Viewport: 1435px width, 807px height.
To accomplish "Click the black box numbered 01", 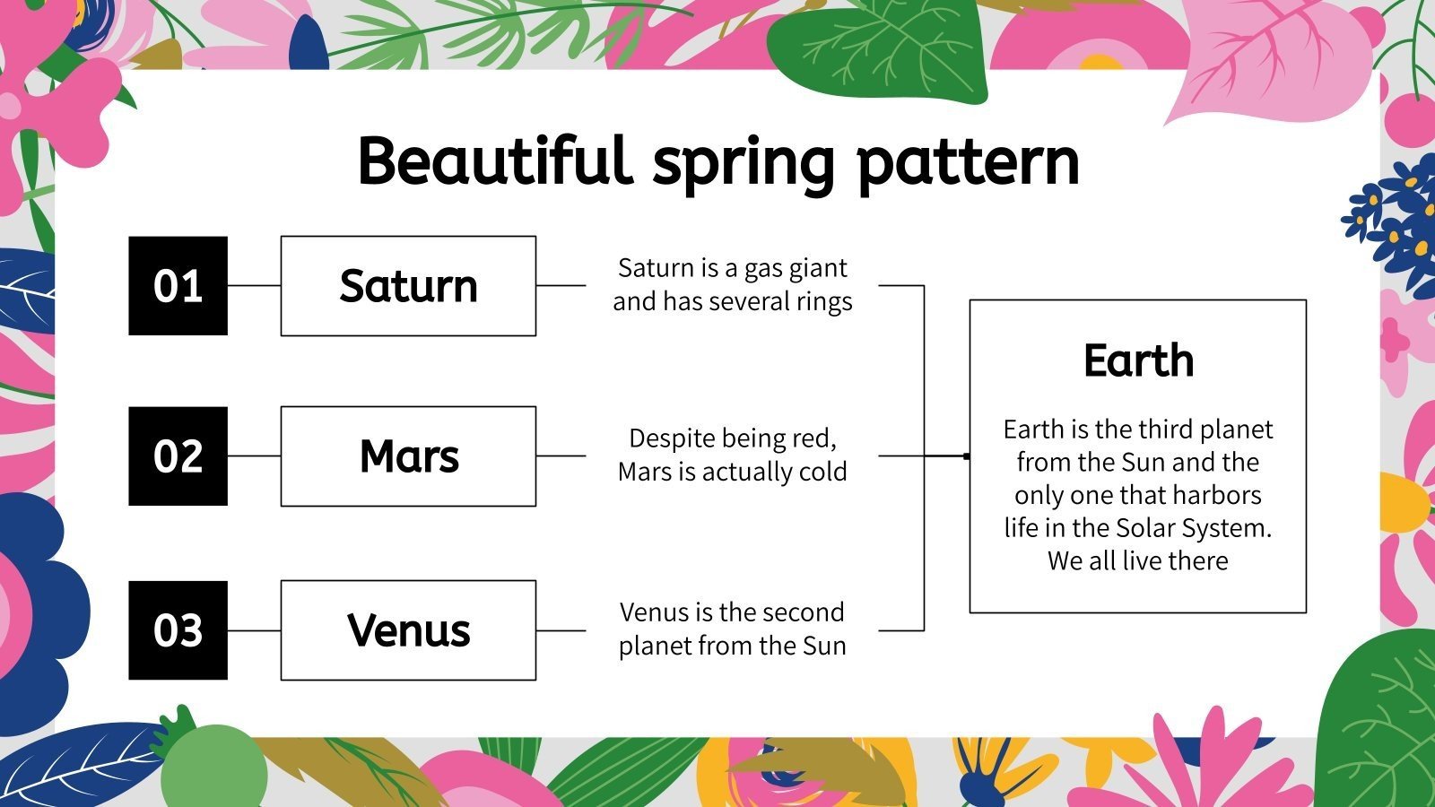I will [178, 286].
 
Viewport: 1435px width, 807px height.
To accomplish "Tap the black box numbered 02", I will [178, 456].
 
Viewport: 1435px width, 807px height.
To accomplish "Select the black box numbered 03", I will [178, 630].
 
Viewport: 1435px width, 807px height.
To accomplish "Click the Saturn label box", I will [408, 286].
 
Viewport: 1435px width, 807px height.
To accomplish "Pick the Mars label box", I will [408, 456].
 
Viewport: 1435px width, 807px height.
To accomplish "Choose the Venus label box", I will [408, 630].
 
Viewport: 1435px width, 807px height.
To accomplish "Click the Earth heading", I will [1138, 360].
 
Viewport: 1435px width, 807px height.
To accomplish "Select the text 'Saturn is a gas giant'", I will [732, 268].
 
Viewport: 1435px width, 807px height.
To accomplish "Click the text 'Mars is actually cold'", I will [732, 472].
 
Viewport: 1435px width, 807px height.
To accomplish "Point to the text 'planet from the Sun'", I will [732, 646].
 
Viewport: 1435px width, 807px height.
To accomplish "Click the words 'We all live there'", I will [1137, 561].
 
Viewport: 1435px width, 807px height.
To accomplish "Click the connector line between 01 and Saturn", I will [254, 286].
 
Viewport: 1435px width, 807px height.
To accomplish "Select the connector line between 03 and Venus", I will [254, 630].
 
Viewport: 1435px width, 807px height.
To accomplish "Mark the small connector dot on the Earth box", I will [966, 456].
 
